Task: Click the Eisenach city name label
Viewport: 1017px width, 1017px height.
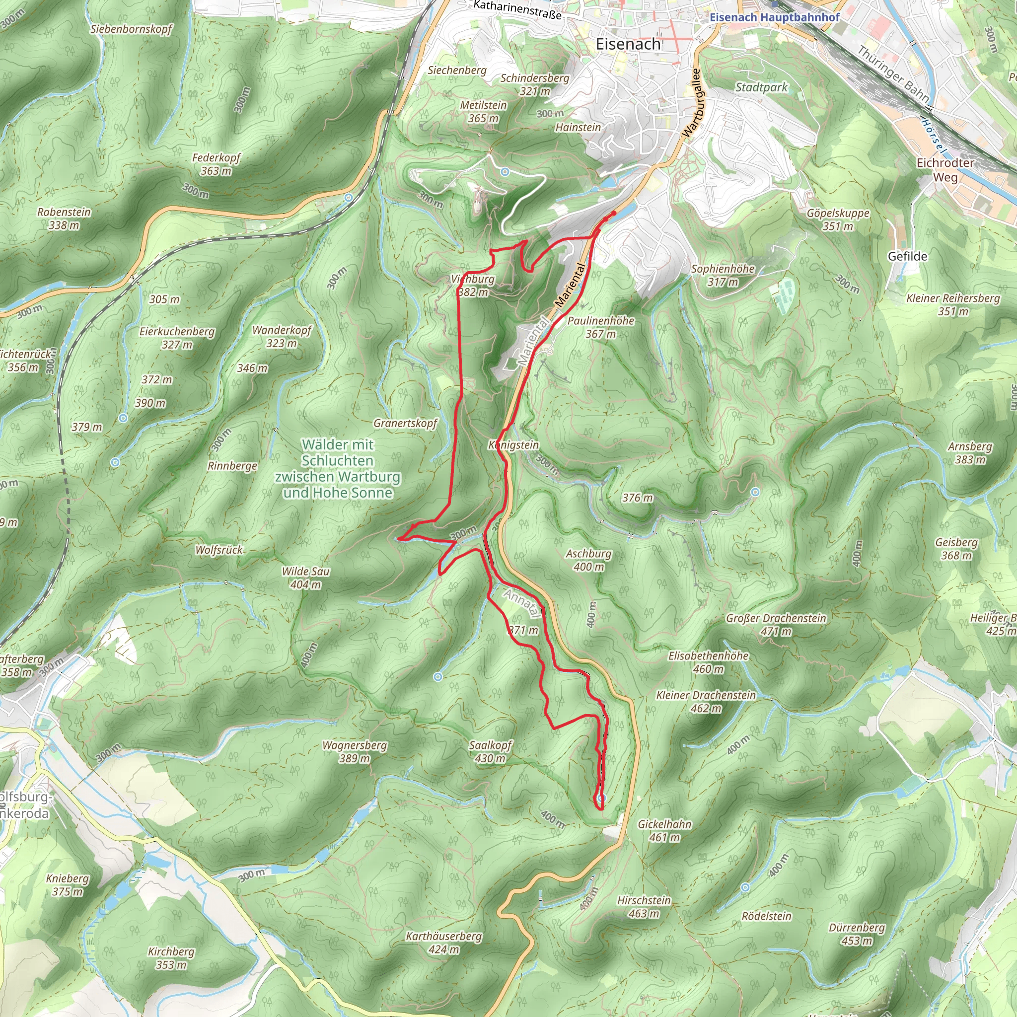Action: click(628, 44)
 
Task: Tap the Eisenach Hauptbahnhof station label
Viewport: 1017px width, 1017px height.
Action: click(774, 17)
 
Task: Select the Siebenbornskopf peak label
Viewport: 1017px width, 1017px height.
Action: click(131, 29)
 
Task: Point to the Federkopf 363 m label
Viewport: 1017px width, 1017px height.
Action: click(216, 164)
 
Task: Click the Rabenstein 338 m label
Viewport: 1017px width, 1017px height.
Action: click(64, 218)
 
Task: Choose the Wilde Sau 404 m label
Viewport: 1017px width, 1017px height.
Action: click(305, 578)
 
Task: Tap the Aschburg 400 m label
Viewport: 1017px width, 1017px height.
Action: click(588, 560)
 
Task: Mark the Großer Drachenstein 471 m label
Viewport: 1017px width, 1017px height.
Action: click(776, 624)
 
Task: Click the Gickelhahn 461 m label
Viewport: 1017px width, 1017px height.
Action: click(664, 830)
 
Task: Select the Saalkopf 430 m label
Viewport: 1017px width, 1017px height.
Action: click(490, 752)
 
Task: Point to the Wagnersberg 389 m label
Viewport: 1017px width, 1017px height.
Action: click(354, 752)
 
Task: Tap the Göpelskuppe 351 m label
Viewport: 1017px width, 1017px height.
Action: click(838, 219)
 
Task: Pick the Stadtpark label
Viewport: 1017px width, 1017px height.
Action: click(761, 87)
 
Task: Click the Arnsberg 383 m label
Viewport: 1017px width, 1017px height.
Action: click(970, 453)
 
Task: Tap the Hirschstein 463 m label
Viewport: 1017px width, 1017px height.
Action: click(644, 906)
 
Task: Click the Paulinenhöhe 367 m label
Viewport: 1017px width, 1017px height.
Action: click(601, 327)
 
